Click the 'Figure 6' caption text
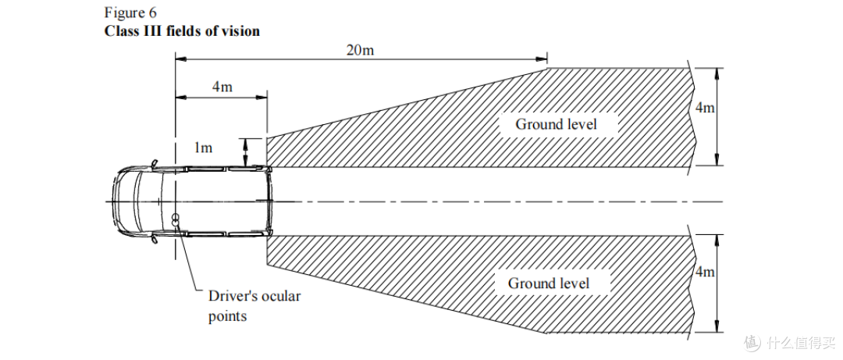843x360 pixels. point(130,13)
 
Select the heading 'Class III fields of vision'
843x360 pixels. point(182,30)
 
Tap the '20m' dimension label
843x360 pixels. point(360,50)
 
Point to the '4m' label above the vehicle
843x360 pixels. point(222,87)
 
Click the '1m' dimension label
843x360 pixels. point(203,147)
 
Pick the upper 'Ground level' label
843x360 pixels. point(556,124)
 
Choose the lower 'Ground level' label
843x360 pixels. point(549,283)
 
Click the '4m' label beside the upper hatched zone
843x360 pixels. point(705,108)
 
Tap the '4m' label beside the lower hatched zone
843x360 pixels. point(705,272)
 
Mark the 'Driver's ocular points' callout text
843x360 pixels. point(254,305)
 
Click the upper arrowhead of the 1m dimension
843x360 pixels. point(245,142)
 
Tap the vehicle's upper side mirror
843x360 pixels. point(155,162)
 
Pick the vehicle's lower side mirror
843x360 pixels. point(155,240)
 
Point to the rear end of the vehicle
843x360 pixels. point(269,201)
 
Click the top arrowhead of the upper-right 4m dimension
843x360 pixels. point(716,73)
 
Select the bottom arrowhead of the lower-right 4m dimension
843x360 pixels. point(716,328)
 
